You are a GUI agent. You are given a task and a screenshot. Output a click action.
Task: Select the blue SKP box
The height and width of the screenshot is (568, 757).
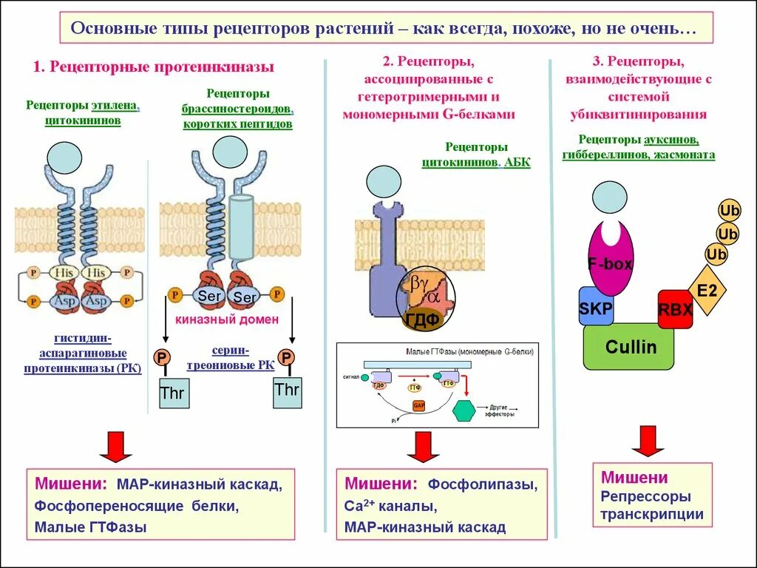click(596, 307)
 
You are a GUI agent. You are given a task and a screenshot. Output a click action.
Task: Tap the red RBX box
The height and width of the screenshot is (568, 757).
click(675, 309)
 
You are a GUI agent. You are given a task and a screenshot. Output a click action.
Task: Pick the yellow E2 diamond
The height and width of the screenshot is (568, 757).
click(707, 291)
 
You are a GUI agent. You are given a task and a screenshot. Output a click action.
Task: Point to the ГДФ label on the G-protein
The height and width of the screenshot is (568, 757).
click(422, 319)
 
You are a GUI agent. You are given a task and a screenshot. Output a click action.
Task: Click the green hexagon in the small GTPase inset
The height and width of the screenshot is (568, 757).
click(464, 410)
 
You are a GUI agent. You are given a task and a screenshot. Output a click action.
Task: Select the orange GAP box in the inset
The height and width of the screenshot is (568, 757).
click(418, 406)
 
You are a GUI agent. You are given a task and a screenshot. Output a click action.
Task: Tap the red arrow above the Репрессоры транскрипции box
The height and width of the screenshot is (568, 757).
click(648, 441)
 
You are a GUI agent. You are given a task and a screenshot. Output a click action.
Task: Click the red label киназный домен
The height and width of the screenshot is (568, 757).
click(227, 319)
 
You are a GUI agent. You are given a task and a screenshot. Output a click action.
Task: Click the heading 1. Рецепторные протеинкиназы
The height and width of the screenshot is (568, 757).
click(154, 67)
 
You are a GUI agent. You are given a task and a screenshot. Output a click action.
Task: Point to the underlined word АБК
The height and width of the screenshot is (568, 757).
click(517, 163)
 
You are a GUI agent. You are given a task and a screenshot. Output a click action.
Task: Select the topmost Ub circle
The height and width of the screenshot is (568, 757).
click(729, 211)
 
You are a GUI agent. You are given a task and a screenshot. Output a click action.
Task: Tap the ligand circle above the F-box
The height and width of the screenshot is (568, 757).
click(610, 197)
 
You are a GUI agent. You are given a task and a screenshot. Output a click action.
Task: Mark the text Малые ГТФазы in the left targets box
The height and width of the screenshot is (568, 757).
click(91, 527)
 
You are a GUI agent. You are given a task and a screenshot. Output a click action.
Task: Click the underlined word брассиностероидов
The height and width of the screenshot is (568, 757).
click(237, 109)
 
